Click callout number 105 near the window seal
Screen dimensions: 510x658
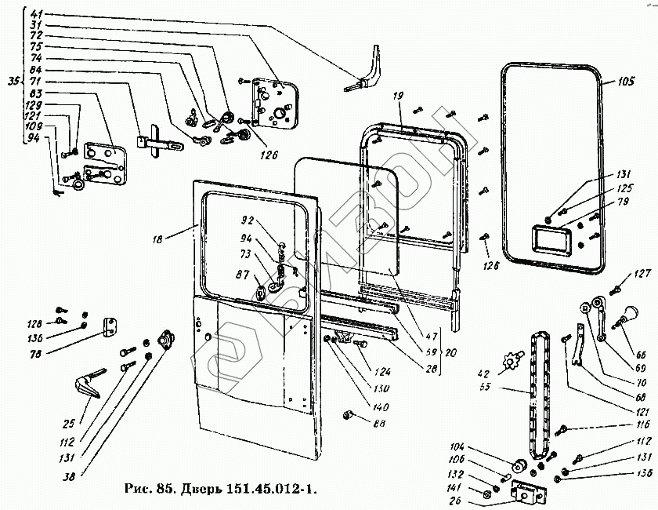point(625,81)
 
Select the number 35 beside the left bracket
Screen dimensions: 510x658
point(11,81)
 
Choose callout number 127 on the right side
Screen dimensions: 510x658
point(642,274)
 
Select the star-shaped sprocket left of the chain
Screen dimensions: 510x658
point(514,363)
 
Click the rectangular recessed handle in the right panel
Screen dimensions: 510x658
point(550,239)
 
